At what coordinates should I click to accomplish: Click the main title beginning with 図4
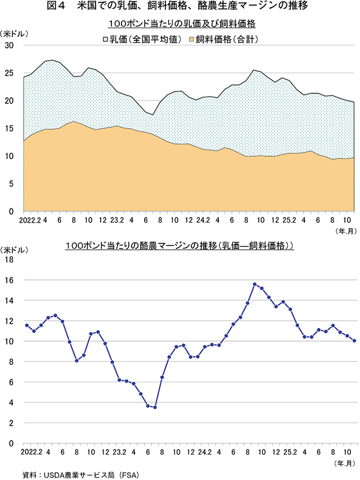click(180, 7)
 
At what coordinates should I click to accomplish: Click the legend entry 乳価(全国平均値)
click(142, 40)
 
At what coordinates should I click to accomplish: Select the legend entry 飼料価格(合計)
click(226, 40)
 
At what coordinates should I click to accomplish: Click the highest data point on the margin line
click(255, 284)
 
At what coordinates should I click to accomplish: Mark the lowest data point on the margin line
click(155, 407)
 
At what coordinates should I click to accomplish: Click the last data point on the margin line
click(354, 341)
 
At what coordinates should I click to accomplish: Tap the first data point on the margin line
click(26, 325)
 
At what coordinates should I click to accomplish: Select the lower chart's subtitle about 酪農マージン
click(180, 246)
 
